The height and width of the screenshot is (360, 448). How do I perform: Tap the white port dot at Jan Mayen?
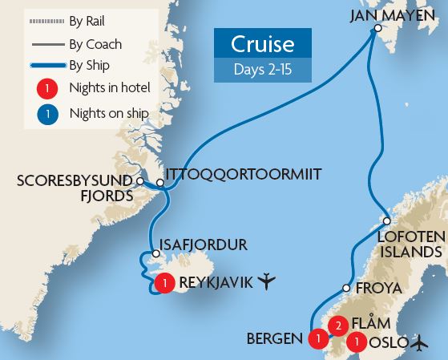[377, 30]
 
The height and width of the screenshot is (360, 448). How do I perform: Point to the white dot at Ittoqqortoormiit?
[160, 184]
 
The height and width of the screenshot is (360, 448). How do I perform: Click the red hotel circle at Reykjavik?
[166, 282]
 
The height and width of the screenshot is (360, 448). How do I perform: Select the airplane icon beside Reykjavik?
[267, 281]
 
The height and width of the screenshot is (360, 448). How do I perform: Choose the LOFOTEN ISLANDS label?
[410, 243]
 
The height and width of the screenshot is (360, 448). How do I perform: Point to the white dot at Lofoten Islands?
[386, 220]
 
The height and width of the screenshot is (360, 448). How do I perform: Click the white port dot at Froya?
[346, 288]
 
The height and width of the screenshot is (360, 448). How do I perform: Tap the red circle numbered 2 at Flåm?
[339, 325]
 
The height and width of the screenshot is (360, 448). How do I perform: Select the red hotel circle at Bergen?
[318, 339]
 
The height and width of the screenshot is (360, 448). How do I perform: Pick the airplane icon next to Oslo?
[418, 343]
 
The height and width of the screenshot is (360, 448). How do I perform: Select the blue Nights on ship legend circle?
[49, 115]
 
